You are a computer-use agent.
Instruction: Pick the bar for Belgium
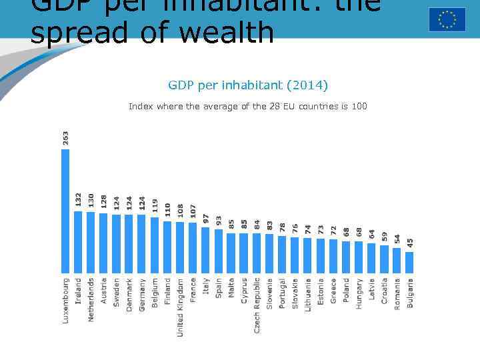[155, 245]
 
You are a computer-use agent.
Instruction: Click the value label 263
[65, 137]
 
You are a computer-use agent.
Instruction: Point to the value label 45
[410, 244]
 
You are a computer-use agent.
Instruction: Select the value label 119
[155, 206]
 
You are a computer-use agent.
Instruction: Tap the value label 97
[206, 219]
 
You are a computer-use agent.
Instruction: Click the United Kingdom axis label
[180, 307]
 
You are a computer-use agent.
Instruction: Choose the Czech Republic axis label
[257, 305]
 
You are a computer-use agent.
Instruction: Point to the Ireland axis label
[78, 291]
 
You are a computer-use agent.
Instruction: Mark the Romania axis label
[397, 293]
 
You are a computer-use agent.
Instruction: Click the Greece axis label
[333, 291]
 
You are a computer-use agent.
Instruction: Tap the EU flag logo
[447, 19]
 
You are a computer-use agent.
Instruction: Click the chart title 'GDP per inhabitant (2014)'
[248, 85]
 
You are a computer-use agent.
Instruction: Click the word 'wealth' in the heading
[233, 33]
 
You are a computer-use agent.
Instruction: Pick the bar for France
[193, 247]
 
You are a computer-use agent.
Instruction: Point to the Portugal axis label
[282, 293]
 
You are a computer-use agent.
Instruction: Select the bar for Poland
[346, 257]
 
